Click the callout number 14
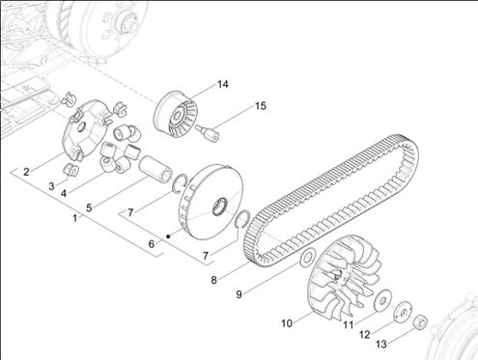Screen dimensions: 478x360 coord(223,84)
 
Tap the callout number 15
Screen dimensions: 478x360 coord(261,106)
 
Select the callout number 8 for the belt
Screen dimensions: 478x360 coord(213,280)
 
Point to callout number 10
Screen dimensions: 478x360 coord(287,323)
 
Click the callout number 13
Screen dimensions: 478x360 coord(381,345)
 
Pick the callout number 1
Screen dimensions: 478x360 coord(74,218)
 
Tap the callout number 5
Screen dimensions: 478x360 coord(89,208)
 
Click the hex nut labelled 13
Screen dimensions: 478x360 coord(420,321)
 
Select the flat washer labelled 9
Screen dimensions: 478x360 coord(307,258)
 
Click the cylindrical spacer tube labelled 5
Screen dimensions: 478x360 coord(155,168)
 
